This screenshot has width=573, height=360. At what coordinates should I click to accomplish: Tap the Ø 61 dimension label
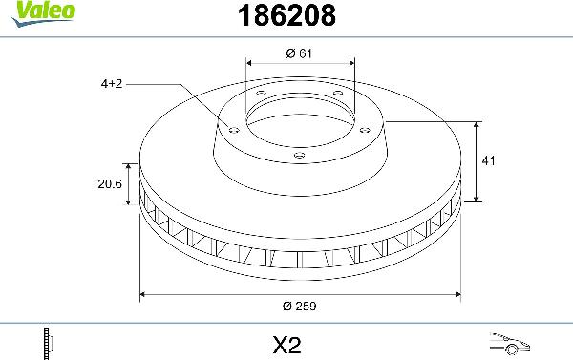coord(300,53)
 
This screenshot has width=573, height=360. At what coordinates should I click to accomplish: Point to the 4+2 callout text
coord(113,84)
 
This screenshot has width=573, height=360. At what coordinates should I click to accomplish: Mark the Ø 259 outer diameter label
coord(300,306)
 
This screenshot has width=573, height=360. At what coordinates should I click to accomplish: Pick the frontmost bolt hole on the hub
coord(299,155)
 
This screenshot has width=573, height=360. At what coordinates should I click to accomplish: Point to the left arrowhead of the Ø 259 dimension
coord(144,295)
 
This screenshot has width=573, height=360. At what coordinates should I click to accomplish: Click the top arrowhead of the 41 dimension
coord(477,125)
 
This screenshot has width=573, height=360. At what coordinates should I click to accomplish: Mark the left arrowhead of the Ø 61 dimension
coord(249,64)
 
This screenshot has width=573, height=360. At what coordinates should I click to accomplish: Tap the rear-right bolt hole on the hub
coord(338,93)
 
